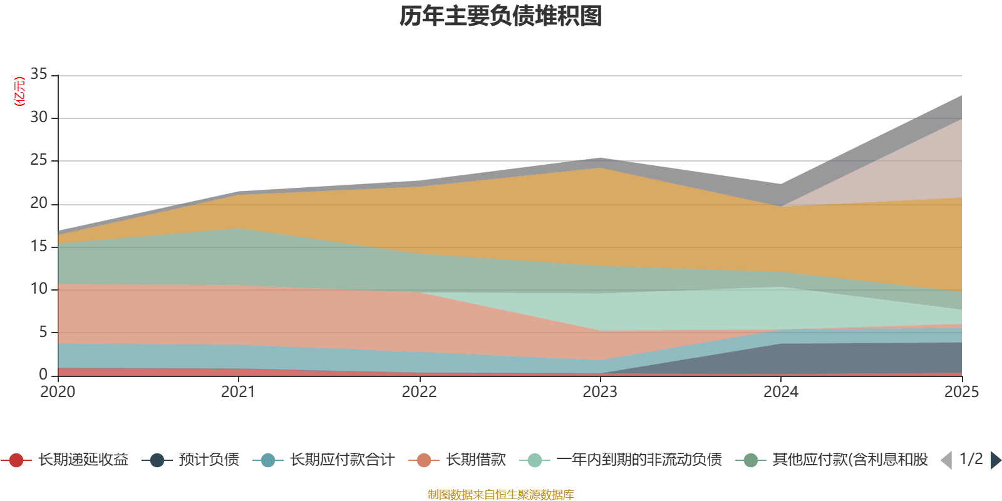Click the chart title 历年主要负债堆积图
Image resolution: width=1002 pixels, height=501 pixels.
click(x=501, y=17)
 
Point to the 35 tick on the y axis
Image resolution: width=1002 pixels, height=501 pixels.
click(x=39, y=75)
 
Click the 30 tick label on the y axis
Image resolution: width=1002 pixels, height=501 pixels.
click(x=39, y=117)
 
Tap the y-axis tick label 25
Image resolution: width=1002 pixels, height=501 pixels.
click(x=39, y=160)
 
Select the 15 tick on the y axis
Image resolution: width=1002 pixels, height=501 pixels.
click(x=39, y=246)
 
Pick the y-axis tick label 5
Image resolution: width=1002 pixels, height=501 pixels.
click(x=43, y=332)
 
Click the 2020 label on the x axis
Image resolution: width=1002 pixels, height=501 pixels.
click(x=58, y=392)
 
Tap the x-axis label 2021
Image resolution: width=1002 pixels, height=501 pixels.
click(x=239, y=392)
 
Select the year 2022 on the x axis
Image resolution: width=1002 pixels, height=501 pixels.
click(x=419, y=392)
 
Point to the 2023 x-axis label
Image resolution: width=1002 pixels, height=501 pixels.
click(x=600, y=392)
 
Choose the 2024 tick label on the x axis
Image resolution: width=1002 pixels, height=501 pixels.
click(x=780, y=392)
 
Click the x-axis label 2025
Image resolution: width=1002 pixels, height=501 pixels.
click(x=961, y=392)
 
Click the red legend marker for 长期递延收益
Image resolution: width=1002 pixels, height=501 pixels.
click(x=17, y=460)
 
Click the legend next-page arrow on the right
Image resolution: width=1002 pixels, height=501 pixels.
click(x=995, y=460)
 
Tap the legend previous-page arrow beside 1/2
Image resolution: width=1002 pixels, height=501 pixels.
click(x=946, y=460)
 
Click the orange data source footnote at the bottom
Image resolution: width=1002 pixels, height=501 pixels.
click(x=500, y=495)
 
